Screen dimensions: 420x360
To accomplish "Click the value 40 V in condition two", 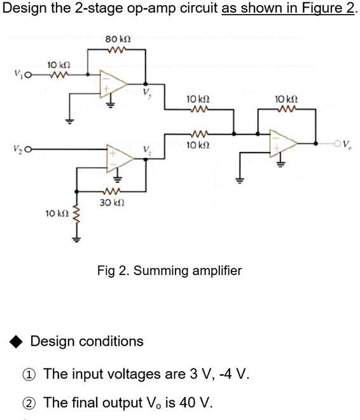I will coord(196,403).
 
